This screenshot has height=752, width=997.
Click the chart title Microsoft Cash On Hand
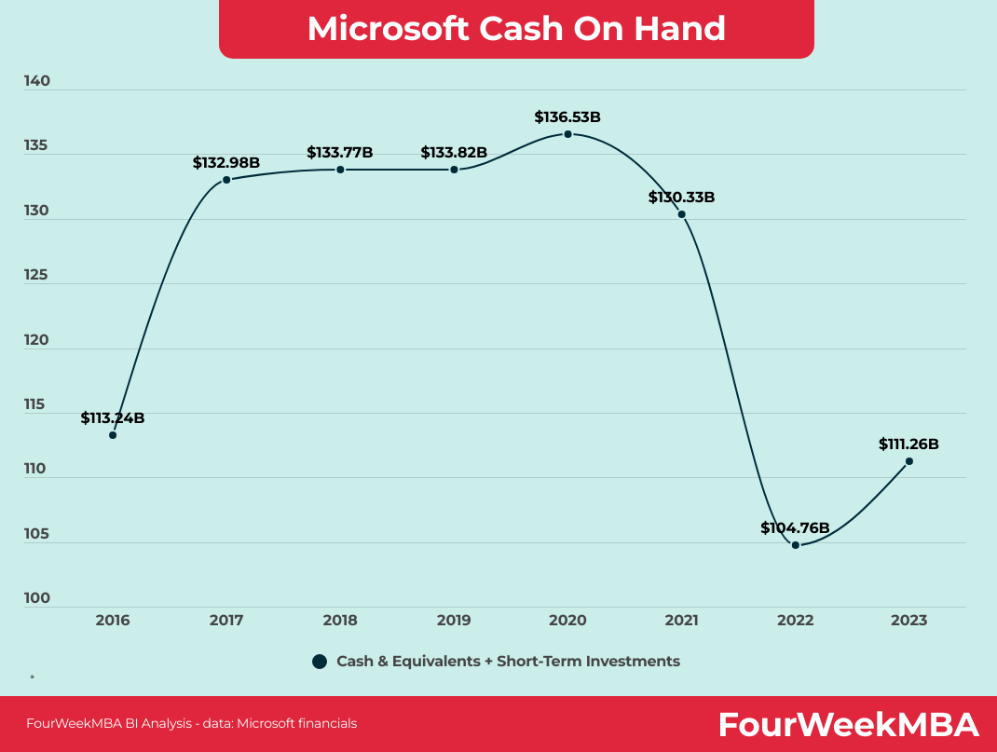coord(516,28)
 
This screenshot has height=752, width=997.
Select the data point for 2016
coord(113,435)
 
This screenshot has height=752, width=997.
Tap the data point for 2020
coord(567,134)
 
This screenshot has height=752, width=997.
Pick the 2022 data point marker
coord(796,545)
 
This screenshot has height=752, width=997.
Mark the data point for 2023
coord(909,461)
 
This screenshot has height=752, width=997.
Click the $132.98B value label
coord(226,162)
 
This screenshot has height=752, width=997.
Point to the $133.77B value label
coord(340,152)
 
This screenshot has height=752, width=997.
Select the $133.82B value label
coord(454,152)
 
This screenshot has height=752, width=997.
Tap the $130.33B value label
coord(681,197)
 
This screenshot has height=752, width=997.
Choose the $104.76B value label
coord(795,527)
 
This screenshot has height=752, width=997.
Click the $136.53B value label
coord(567,116)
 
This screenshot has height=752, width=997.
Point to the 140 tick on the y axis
coord(37,81)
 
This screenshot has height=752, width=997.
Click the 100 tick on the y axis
coord(37,598)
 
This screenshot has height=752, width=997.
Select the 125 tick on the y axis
coord(37,275)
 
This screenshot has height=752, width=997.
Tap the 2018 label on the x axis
coord(340,621)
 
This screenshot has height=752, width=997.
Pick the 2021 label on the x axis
coord(681,621)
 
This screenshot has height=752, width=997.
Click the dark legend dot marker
coord(320,662)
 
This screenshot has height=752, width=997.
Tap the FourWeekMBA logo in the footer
coord(848,724)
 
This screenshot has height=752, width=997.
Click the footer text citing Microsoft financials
coord(191,723)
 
